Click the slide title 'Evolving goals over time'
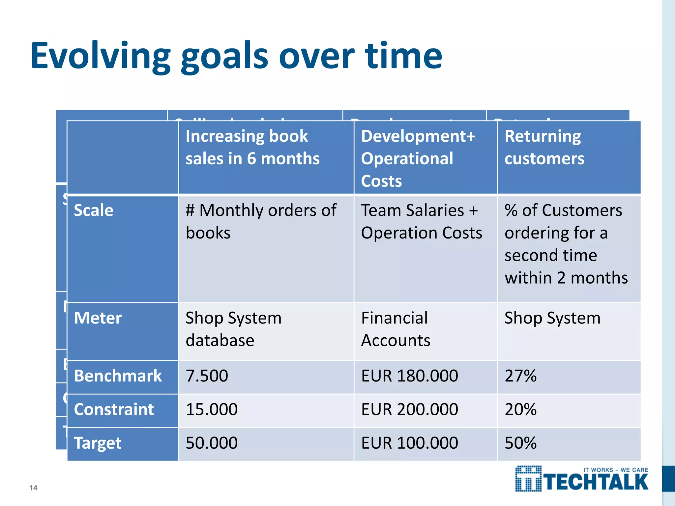(x=236, y=56)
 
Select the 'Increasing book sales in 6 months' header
(x=252, y=147)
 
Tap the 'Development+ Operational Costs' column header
(x=418, y=158)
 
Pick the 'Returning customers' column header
(x=544, y=147)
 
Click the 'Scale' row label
(x=94, y=210)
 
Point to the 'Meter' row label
(x=98, y=318)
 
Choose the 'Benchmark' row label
(x=118, y=376)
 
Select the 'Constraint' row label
(x=114, y=409)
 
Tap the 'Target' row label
(x=98, y=443)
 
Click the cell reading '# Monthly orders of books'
(x=261, y=221)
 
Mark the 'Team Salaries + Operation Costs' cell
(x=421, y=221)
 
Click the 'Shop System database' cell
(x=233, y=329)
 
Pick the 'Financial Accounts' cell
(x=396, y=329)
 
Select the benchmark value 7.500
(x=207, y=376)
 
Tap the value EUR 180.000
(x=409, y=376)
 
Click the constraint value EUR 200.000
(x=409, y=409)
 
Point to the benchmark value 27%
(x=520, y=376)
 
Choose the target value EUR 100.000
(x=409, y=443)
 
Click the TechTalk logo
(x=581, y=479)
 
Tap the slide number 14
(x=33, y=488)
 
